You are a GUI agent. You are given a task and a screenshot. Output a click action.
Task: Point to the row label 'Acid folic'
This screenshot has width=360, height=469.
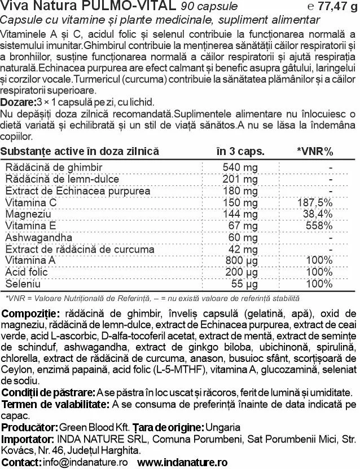[x=25, y=271]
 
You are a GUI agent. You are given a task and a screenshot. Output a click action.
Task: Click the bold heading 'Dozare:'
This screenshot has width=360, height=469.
[x=17, y=101]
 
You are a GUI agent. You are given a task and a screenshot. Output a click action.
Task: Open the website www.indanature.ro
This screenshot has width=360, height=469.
[x=182, y=462]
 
